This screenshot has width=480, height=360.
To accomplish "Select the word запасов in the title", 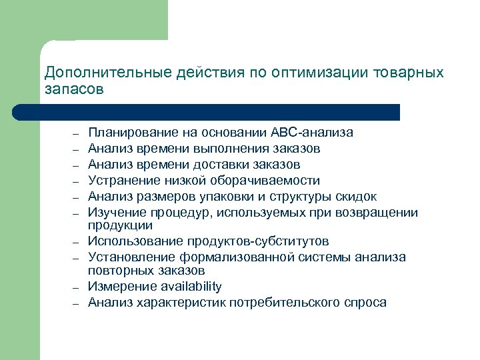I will (74, 89).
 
